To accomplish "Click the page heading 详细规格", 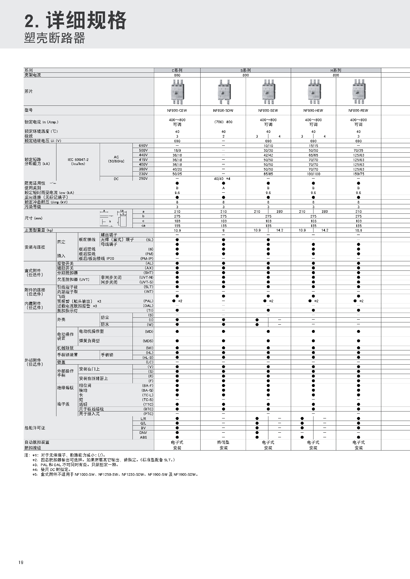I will pos(86,20).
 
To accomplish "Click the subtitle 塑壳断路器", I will pos(55,38).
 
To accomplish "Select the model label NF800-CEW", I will pos(177,111).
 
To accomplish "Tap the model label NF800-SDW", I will pos(223,111).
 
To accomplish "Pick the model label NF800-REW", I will pos(358,111).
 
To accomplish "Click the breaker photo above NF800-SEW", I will pos(268,92).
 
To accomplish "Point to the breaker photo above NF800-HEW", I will pos(313,92).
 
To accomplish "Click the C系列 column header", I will pos(177,71).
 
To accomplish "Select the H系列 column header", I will pos(336,71).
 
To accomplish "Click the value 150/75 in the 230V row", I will pos(358,174).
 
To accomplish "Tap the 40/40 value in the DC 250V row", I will pos(219,179).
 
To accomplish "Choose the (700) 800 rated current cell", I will pos(223,122).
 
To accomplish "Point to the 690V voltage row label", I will pos(143,146).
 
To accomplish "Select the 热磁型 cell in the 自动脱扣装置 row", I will pos(223,442).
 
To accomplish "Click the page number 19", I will pos(21,563).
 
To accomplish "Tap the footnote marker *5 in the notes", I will pos(35,474).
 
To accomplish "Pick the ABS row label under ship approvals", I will pos(143,437).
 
